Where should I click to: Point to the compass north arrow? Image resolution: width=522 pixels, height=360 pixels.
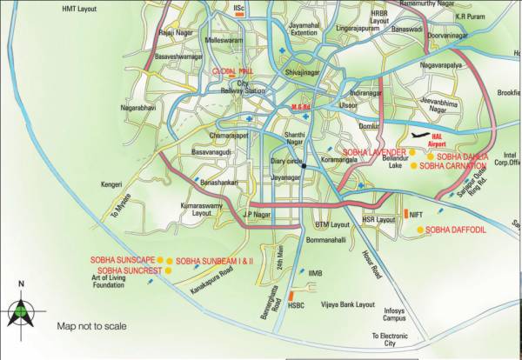21,306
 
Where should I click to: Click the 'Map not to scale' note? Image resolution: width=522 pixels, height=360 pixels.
91,326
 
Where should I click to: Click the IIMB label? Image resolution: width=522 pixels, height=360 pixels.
315,274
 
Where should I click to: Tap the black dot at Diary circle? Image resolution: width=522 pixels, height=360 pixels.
303,166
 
